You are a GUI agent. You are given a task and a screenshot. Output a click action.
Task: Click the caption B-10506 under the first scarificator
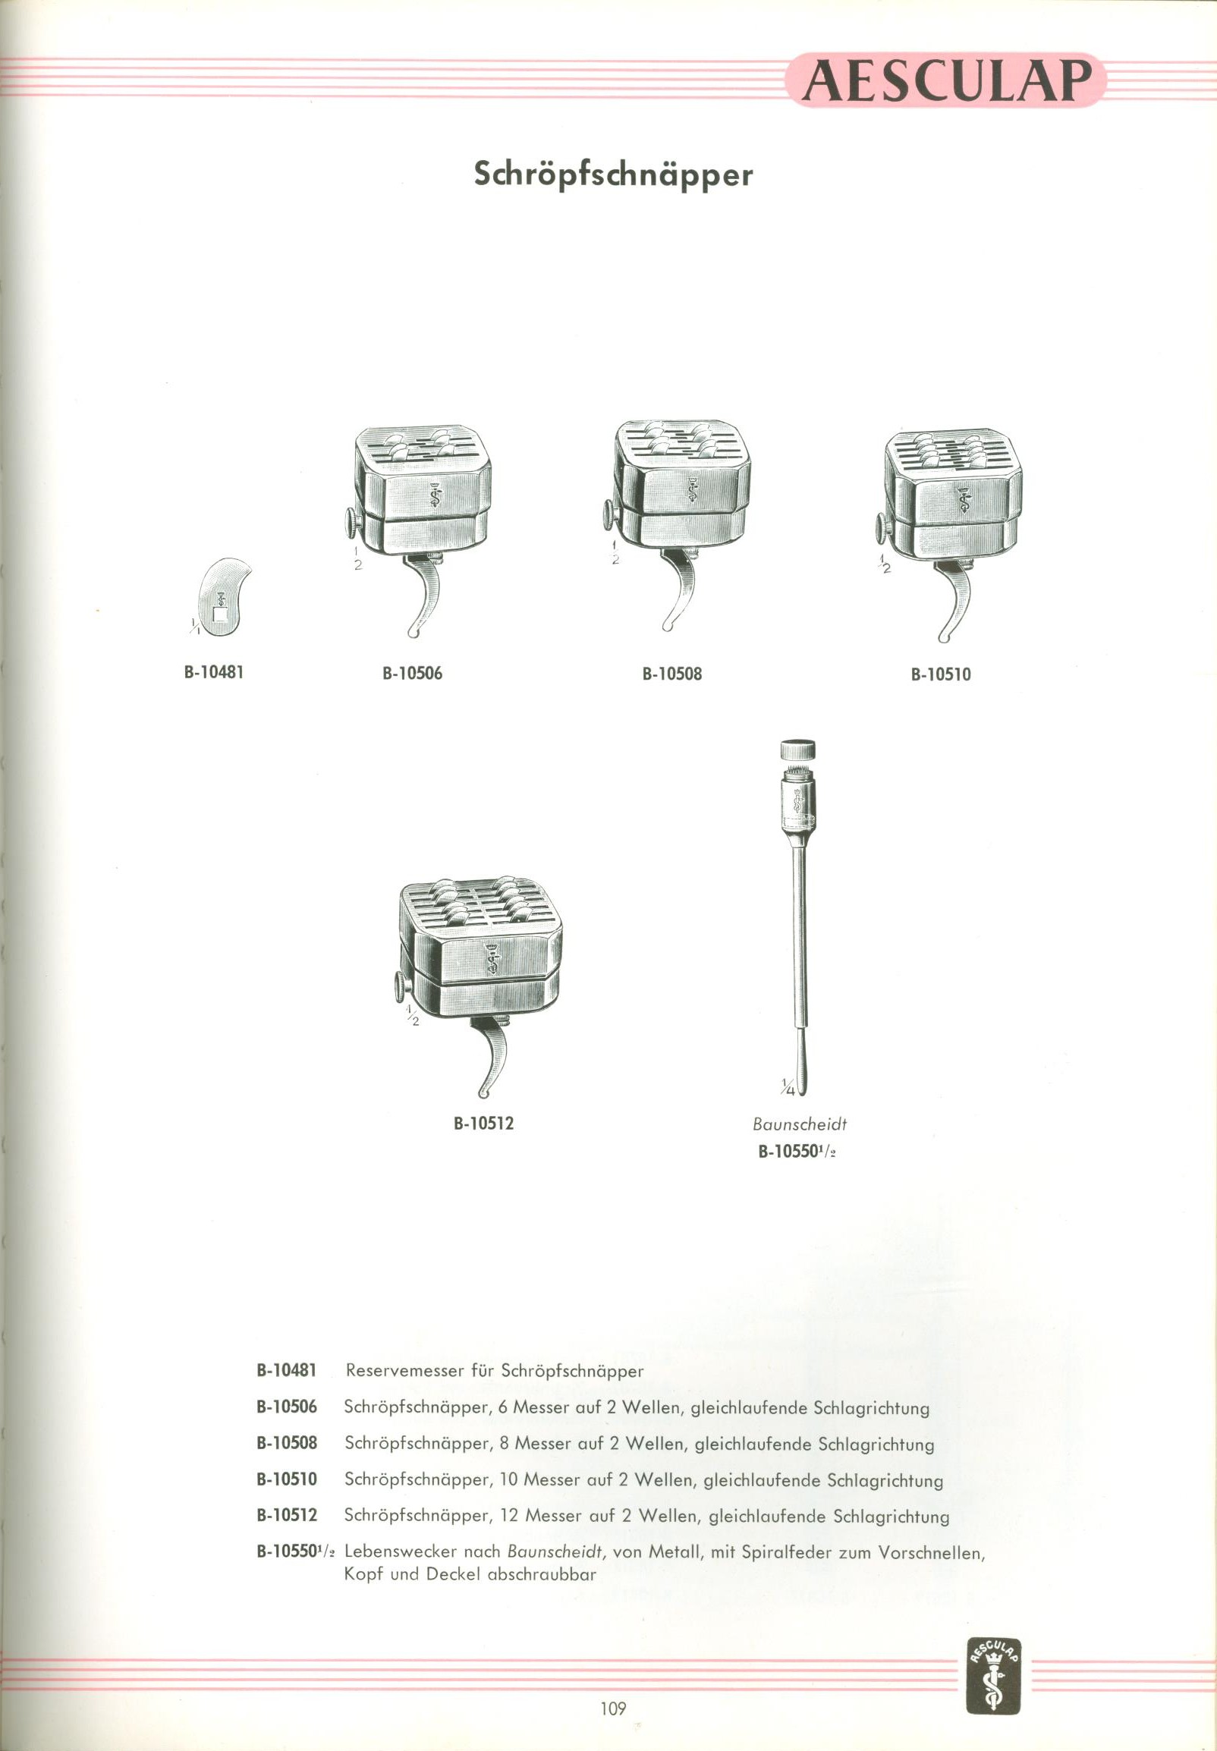(412, 673)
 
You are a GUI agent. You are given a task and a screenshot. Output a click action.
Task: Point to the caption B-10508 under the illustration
(671, 674)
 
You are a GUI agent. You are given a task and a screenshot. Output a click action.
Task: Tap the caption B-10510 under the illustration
(941, 674)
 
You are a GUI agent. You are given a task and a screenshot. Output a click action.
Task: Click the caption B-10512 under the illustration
(483, 1123)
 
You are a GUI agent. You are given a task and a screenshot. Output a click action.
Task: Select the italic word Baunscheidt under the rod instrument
(799, 1124)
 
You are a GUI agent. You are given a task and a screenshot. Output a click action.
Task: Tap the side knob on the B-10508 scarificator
(610, 514)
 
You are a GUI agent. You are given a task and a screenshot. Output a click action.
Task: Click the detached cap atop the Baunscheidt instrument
(797, 749)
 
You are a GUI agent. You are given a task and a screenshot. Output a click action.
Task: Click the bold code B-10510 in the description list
(287, 1479)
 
